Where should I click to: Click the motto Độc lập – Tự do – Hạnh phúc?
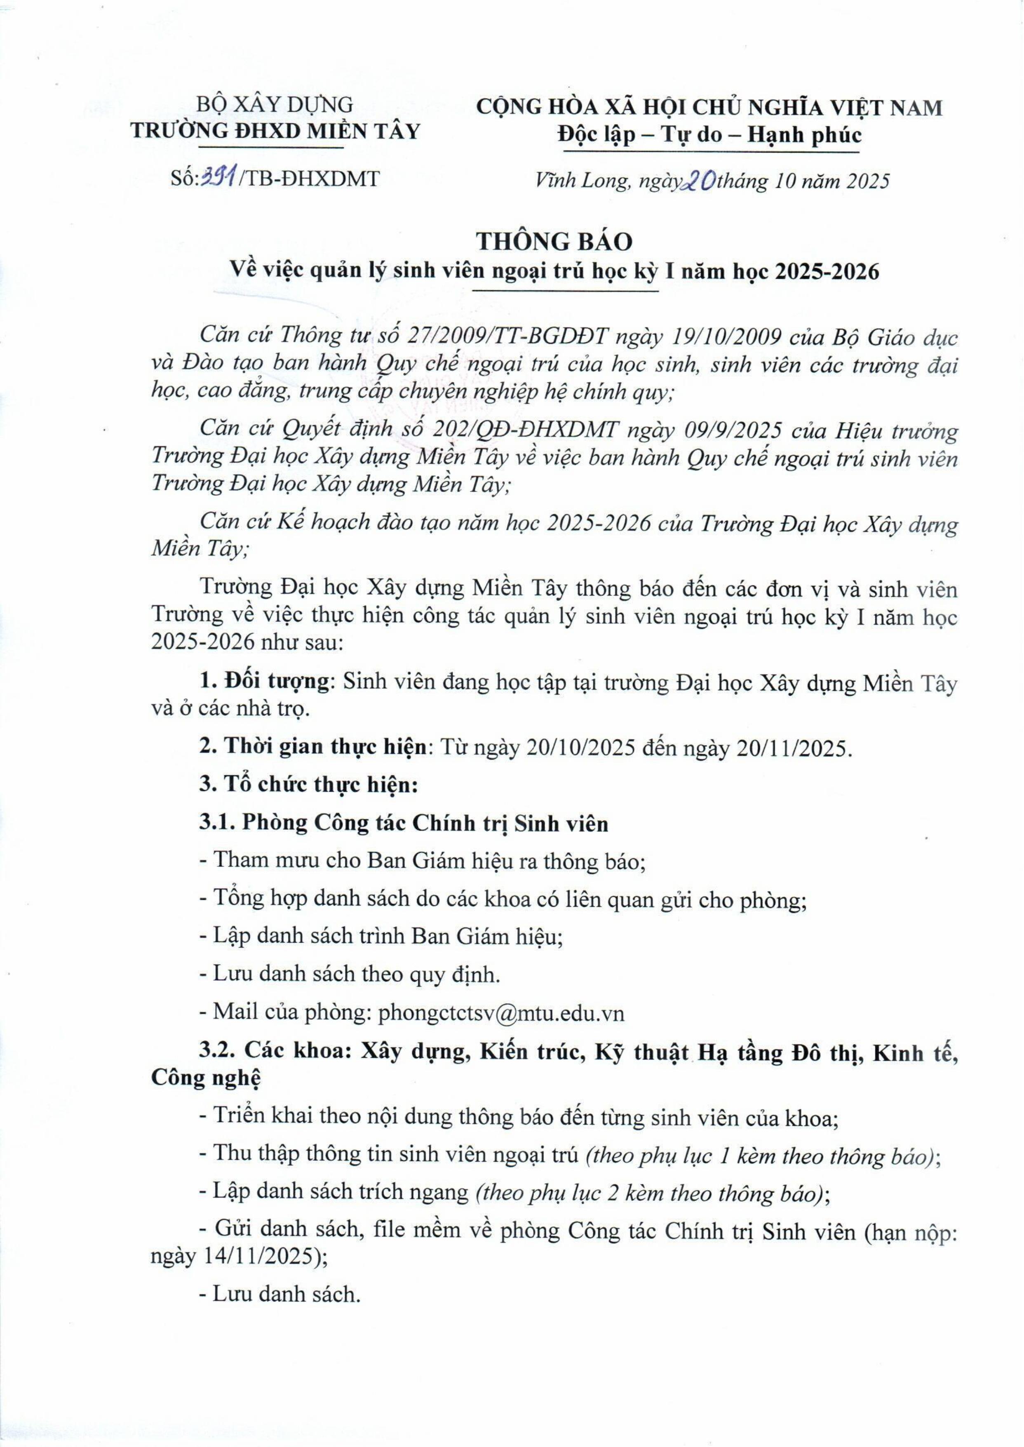[x=709, y=135]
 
